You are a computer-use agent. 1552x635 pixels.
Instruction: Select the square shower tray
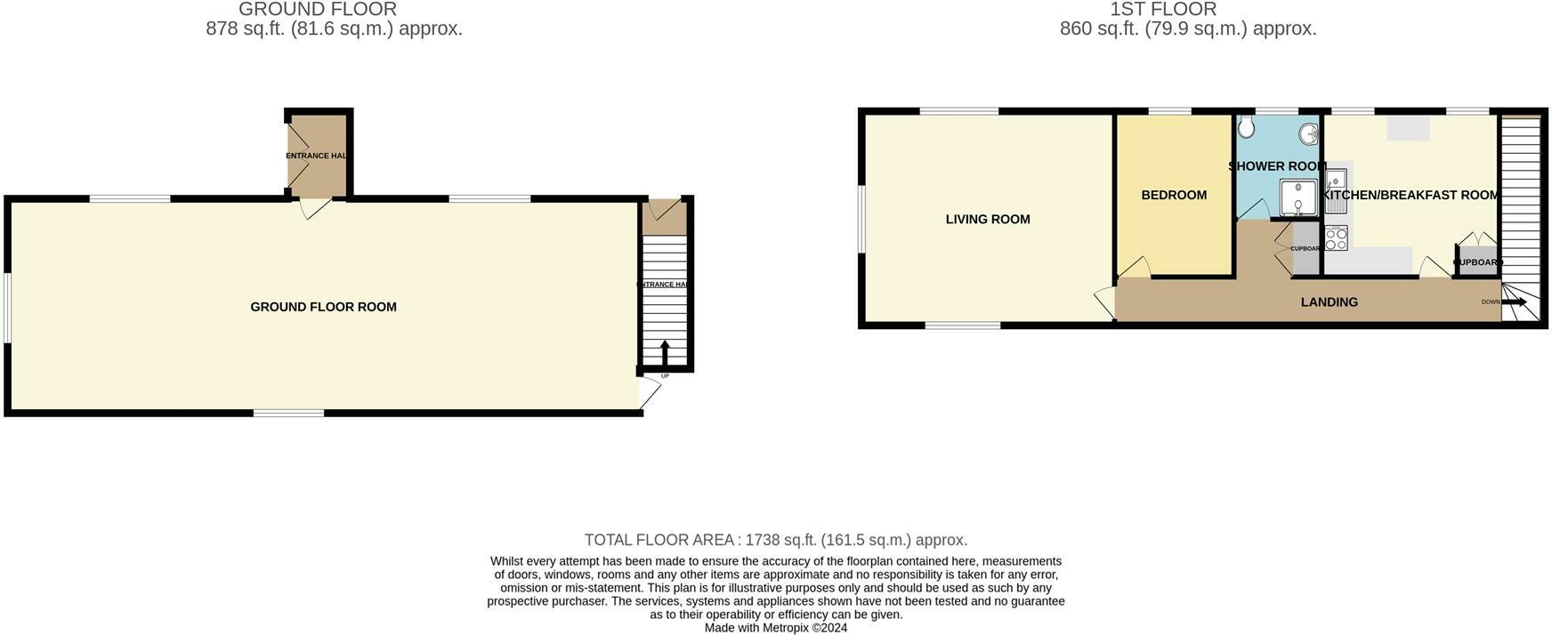tap(1298, 198)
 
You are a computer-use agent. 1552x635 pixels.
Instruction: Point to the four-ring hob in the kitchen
tap(1336, 237)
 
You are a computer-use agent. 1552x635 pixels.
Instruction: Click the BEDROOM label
tap(1174, 195)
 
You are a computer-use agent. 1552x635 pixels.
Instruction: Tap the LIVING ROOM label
tap(988, 219)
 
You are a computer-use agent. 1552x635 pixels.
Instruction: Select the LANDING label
tap(1329, 302)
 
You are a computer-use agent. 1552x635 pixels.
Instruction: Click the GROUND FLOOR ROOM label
tap(323, 307)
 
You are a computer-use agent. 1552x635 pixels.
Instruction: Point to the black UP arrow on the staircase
tap(665, 352)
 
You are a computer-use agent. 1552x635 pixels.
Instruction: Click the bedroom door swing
tap(1133, 267)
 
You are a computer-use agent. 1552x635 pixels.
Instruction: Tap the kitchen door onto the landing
tap(1434, 267)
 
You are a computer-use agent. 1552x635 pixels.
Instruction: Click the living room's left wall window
tap(861, 218)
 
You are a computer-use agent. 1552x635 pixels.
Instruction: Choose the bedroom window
tap(1169, 111)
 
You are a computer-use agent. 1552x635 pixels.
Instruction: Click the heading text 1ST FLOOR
tap(1162, 10)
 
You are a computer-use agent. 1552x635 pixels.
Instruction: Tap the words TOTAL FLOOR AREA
tap(659, 540)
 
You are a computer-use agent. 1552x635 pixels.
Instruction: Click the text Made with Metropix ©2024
tap(775, 628)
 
